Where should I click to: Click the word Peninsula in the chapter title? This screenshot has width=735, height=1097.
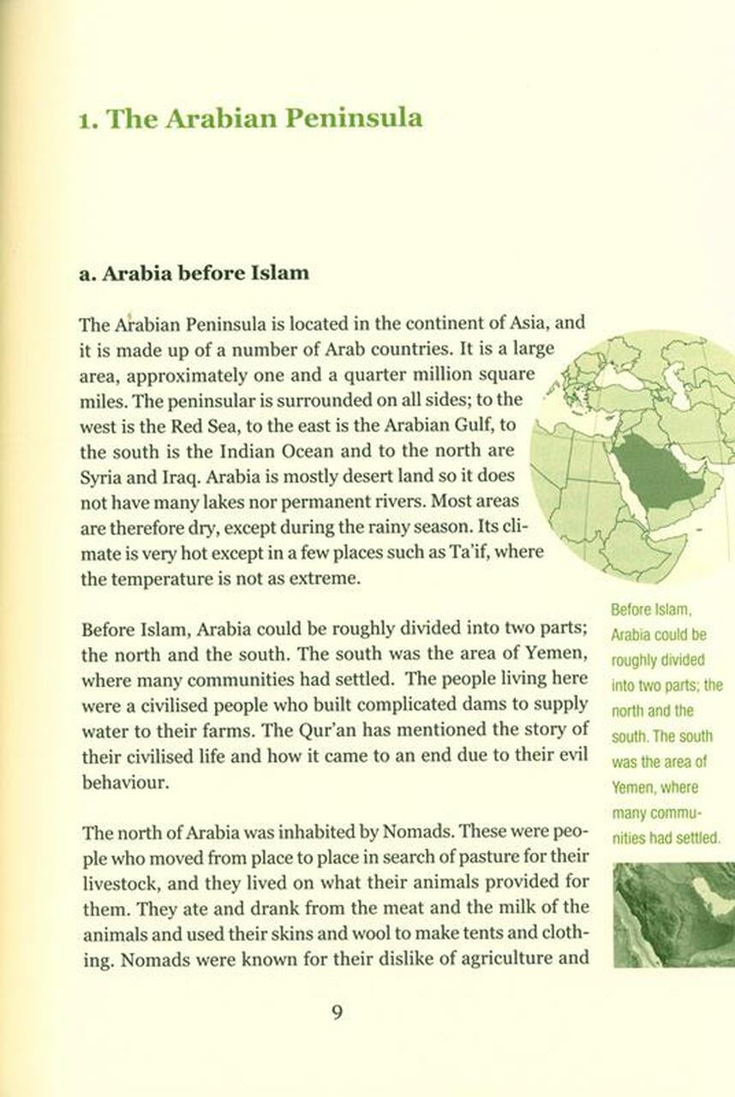tap(353, 118)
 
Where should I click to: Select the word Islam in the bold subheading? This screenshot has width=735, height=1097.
tap(279, 274)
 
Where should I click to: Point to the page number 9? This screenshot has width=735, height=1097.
tap(337, 1012)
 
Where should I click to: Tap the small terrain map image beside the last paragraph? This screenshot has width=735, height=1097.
tap(673, 914)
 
